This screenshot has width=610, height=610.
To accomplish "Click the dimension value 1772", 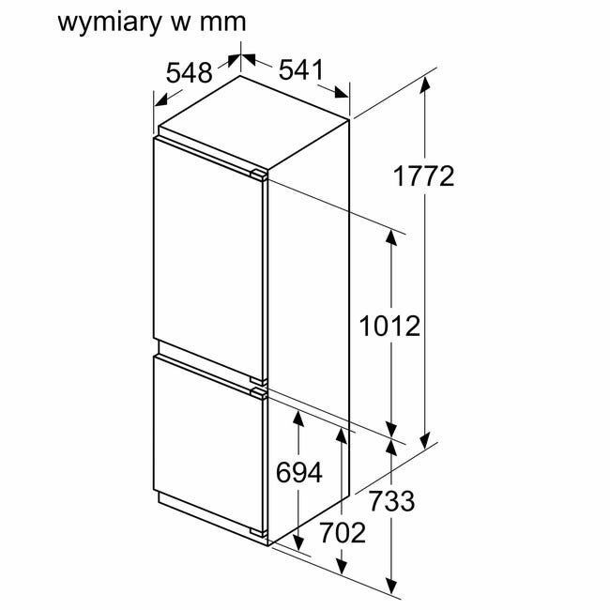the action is pos(423,176).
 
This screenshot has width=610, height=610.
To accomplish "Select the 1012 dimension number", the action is pos(389,326).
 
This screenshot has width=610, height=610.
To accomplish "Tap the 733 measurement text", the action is pos(391,501).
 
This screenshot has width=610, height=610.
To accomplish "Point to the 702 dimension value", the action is pos(343,532).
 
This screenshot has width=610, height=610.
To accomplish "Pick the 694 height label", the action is pos(299,473).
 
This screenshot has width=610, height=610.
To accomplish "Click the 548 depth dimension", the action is pos(189,72).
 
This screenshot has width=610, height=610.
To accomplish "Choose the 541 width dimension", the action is pos(301,69).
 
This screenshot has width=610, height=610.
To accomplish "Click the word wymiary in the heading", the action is pos(109,23).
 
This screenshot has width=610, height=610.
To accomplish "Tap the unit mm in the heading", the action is pos(223,23).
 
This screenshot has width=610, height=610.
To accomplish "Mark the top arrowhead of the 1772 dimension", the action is pos(425,84).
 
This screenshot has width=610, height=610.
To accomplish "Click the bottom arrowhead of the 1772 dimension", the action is pos(425,440).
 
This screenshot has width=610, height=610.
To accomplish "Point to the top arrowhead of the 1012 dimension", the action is pos(391,236).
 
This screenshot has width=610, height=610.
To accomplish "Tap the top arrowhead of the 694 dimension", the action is pos(298,419).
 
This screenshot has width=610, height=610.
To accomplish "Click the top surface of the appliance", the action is pos(253,123).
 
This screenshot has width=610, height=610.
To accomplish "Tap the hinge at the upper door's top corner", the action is pos(258,175).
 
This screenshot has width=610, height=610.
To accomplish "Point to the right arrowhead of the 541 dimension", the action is pos(342,92).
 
